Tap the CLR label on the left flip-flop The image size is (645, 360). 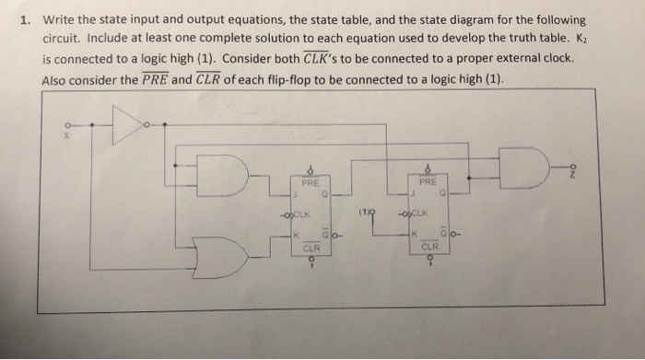(x=311, y=247)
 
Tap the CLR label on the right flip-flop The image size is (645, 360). (x=429, y=247)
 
